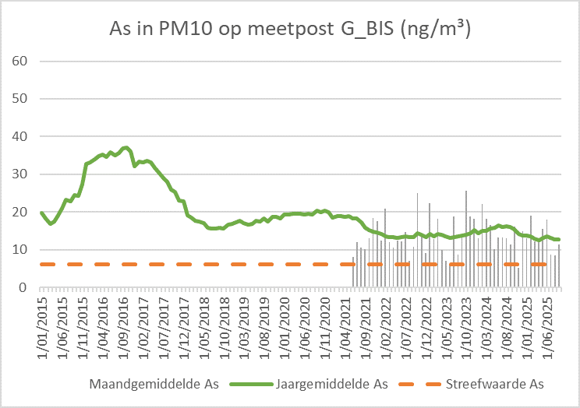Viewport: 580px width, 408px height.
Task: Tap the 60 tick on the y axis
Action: [x=23, y=61]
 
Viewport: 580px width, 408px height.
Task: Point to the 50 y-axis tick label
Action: [x=23, y=99]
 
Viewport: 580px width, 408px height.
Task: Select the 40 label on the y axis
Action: [x=23, y=136]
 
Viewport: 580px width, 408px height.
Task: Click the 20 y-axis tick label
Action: [x=23, y=212]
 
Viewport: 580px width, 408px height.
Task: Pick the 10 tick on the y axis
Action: [x=23, y=250]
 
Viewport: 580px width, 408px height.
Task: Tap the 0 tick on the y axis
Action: [x=26, y=287]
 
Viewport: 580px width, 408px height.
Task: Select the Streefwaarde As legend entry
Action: [x=493, y=384]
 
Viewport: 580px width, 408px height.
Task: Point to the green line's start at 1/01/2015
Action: [x=41, y=212]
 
